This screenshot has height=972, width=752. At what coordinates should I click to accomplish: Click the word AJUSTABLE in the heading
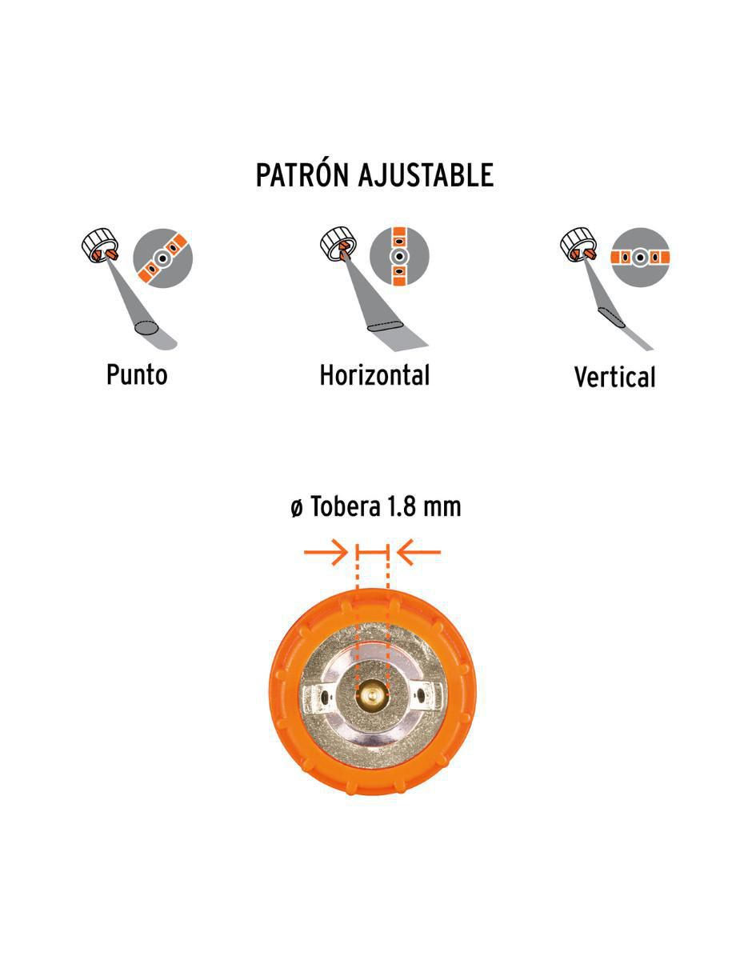426,174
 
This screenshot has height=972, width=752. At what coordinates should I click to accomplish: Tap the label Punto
137,375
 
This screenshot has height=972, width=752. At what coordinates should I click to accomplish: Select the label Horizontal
374,375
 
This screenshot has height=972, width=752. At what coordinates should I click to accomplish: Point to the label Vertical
614,378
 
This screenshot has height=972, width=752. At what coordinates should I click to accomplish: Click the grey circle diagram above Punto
163,258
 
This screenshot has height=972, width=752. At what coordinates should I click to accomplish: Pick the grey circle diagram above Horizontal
399,257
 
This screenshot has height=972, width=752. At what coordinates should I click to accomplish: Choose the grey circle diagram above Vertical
640,258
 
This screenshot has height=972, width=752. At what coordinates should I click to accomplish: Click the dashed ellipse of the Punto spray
146,328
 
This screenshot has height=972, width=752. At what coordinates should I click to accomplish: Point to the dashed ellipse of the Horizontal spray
386,326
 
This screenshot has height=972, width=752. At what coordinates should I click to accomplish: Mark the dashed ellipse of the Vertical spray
611,317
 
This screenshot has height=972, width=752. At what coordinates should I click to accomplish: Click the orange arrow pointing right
326,552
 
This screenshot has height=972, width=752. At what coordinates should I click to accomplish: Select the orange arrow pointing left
419,552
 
